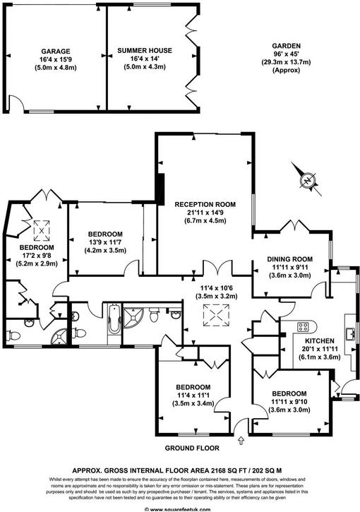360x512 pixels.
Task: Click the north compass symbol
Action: point(307,179)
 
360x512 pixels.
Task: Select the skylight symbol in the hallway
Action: point(215,317)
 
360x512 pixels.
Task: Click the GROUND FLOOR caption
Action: point(192,448)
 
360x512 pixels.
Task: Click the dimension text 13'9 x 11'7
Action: point(105,242)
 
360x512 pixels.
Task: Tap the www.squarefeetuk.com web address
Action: point(180,508)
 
